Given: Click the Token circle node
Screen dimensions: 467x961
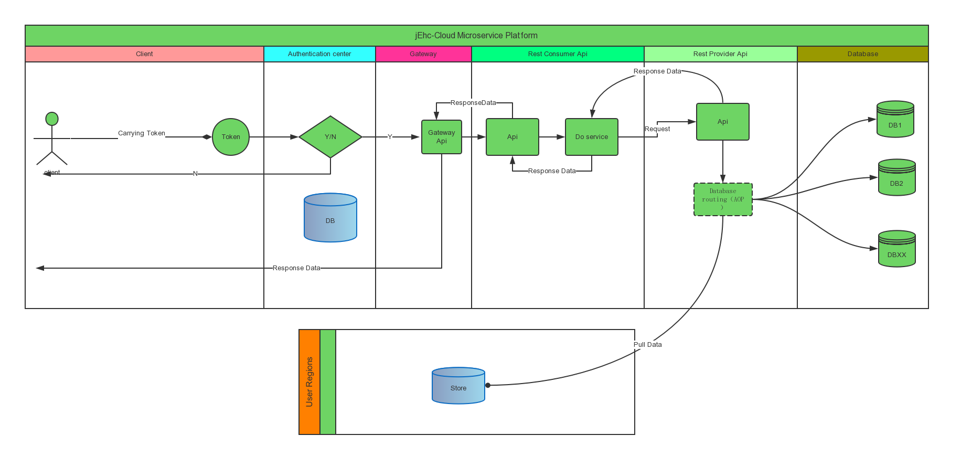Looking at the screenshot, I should coord(231,137).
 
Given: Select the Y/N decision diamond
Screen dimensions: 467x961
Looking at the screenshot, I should coord(330,137).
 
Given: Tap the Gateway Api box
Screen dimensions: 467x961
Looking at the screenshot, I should coord(442,137).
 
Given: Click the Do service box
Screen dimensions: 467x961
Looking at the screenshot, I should coord(592,137).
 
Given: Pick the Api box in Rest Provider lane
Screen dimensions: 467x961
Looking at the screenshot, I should coord(723,122).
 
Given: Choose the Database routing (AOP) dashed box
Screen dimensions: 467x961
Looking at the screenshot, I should coord(723,199).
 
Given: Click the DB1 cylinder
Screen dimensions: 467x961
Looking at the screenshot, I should coord(895,120).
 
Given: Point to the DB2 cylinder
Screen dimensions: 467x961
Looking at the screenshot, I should coord(897,178).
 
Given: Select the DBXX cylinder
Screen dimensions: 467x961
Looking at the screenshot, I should coord(897,250).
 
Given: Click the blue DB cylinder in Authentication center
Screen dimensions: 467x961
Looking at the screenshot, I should coord(330,218).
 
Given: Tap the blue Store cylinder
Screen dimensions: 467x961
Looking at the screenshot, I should coord(458,386).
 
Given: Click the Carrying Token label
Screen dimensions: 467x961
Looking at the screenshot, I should coord(142,133).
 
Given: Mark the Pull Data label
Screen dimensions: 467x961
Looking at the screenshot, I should coord(648,345).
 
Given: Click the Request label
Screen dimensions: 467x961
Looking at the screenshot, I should coord(657,129).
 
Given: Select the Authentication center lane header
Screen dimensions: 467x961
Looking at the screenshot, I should coord(319,54).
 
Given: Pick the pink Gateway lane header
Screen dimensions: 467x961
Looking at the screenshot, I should coord(423,54).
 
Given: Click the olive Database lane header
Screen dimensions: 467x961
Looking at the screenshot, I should coord(863,54).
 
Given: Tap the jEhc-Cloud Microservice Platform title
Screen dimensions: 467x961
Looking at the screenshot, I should coord(476,36).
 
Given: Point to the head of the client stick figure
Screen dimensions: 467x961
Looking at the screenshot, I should coord(52,119).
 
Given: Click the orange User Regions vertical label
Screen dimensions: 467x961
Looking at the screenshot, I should coord(309,382).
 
